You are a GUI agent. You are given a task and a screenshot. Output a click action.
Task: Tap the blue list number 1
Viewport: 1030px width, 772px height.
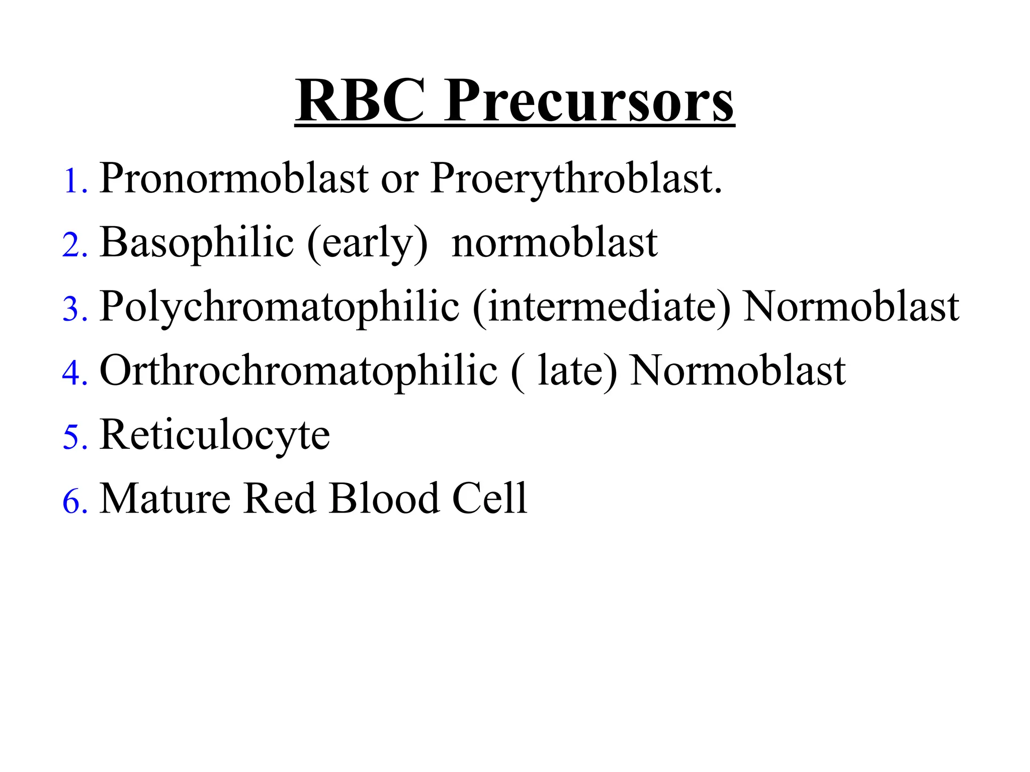75,181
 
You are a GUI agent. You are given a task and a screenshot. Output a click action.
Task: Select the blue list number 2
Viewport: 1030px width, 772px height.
75,246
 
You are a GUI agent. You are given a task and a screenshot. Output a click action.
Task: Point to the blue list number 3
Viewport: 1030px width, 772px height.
75,309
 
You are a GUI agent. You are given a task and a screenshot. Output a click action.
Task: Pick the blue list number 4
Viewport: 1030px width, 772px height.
75,373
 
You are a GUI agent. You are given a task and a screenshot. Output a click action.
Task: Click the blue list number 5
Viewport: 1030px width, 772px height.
75,437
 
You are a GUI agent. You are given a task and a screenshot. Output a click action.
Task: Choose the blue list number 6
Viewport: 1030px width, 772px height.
75,501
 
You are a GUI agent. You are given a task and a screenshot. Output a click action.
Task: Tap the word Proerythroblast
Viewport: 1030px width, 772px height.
576,180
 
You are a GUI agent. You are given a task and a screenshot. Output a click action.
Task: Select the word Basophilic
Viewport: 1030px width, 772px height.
196,243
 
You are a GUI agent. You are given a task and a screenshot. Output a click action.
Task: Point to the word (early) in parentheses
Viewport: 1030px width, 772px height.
368,245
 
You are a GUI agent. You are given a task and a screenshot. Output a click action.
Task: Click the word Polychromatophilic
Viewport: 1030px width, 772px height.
279,308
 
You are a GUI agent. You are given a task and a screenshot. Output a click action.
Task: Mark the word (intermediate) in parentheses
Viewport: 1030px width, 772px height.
602,308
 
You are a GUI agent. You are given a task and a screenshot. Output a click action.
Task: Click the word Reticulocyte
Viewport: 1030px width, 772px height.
215,435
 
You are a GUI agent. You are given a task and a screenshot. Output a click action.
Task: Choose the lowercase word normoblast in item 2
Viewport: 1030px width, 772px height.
554,243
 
